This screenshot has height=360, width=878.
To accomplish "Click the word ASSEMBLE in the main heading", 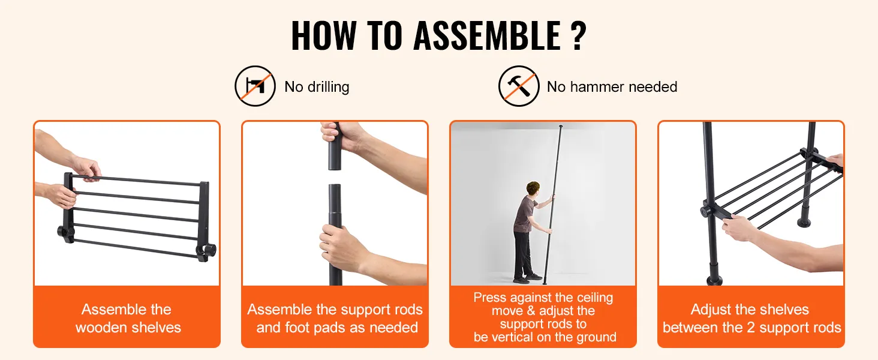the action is (487, 35).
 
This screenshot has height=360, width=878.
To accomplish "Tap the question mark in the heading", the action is (579, 35).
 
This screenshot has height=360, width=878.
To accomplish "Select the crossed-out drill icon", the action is (255, 86).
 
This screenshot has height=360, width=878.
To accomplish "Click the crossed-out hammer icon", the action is (519, 86).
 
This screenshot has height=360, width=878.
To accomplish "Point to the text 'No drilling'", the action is (317, 86).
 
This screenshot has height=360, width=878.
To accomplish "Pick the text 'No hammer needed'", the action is (612, 86).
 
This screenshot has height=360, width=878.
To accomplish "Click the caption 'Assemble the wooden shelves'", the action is (128, 318).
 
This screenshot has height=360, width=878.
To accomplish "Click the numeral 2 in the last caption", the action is (751, 328).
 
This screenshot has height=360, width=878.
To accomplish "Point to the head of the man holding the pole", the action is (533, 188).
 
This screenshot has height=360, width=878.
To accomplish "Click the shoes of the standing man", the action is (528, 278).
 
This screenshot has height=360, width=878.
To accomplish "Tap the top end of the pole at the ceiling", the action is (561, 127).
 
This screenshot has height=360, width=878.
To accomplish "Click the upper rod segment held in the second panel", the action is (334, 146).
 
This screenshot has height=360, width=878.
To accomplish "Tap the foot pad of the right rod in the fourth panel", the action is (804, 223).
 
